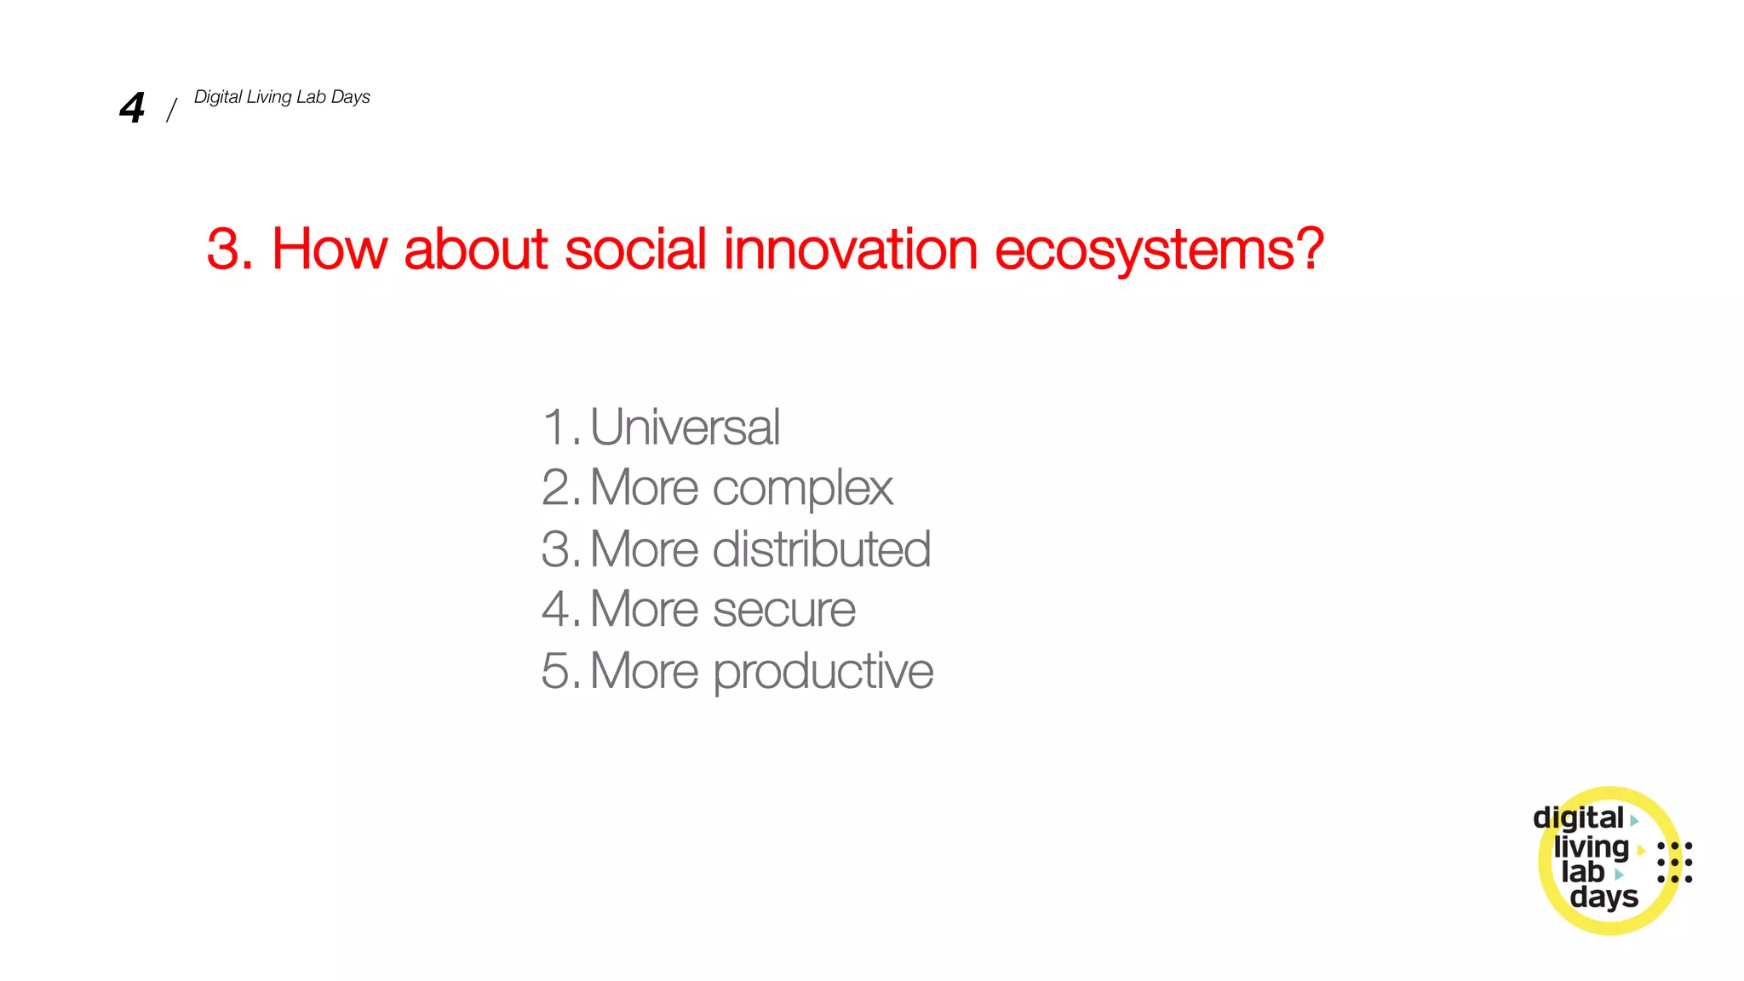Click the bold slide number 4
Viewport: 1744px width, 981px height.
(132, 108)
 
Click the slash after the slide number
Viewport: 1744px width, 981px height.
(171, 110)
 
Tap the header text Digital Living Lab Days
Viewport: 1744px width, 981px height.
(282, 97)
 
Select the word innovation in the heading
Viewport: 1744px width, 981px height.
(850, 250)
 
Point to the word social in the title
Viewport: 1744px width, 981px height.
(635, 250)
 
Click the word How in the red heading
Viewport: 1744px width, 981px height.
(329, 250)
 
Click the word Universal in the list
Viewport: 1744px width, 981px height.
(685, 427)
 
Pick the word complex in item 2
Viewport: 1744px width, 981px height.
(802, 490)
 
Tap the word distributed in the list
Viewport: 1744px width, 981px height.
(821, 549)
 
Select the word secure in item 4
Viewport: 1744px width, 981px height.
(783, 610)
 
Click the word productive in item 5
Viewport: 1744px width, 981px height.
(823, 672)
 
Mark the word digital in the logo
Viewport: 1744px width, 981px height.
(1577, 818)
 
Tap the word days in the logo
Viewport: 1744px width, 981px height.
(1603, 897)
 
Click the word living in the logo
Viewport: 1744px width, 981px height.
(1590, 847)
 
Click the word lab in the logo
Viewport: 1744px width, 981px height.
(1582, 872)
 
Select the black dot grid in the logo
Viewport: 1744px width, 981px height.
(1674, 863)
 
